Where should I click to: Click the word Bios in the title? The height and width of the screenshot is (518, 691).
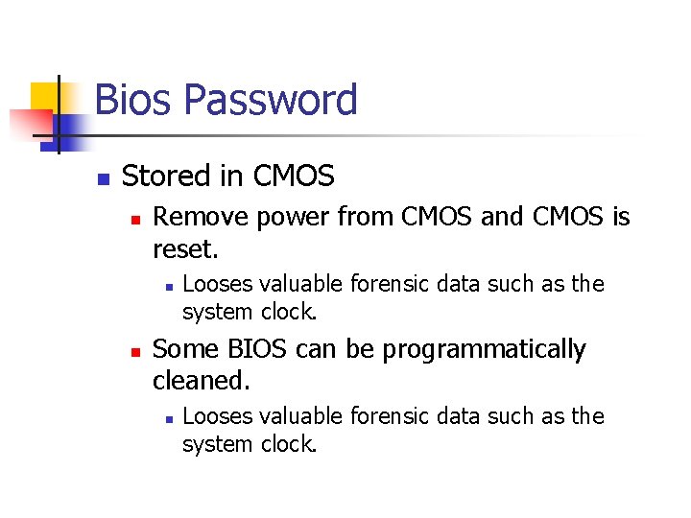pyautogui.click(x=133, y=101)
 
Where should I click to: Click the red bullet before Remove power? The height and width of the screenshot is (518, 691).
pyautogui.click(x=136, y=220)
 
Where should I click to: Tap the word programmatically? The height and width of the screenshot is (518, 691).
pyautogui.click(x=484, y=350)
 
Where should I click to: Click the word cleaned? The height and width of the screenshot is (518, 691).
pyautogui.click(x=202, y=381)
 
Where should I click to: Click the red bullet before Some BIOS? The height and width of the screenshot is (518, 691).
pyautogui.click(x=136, y=352)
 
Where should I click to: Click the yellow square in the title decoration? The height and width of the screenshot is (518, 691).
pyautogui.click(x=45, y=97)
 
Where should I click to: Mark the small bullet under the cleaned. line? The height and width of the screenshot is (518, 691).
pyautogui.click(x=167, y=418)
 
